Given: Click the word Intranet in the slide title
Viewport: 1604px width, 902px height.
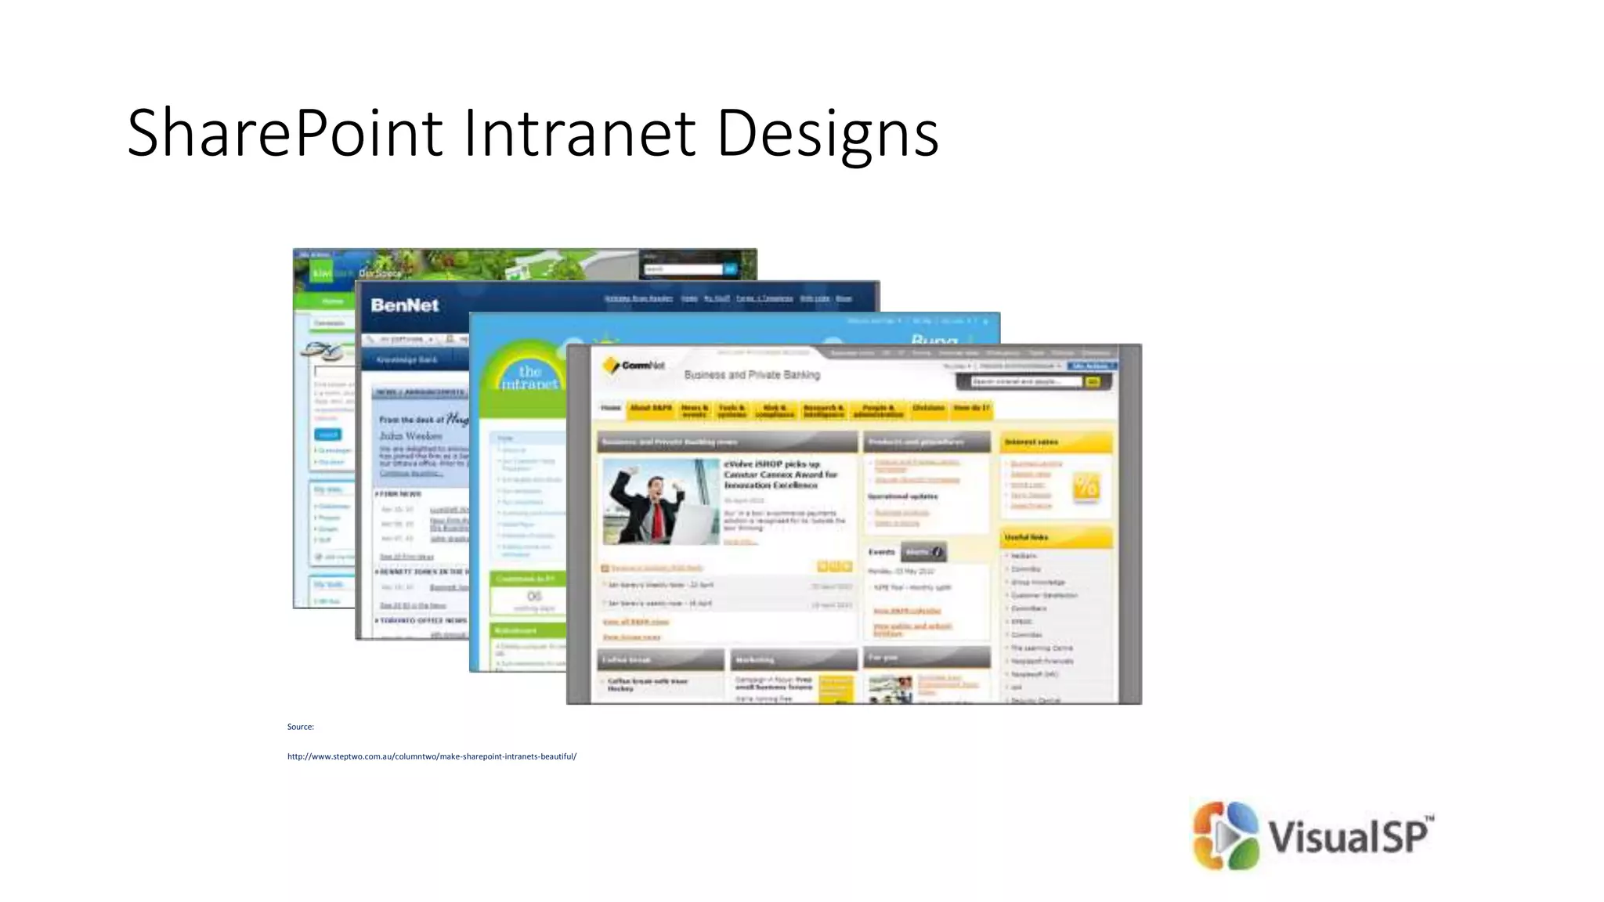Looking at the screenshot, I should [x=580, y=133].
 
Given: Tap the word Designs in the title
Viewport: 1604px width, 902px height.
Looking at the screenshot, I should [x=827, y=135].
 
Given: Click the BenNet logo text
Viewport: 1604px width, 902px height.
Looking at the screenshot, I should [x=404, y=305].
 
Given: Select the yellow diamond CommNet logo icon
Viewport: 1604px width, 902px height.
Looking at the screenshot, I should [x=610, y=366].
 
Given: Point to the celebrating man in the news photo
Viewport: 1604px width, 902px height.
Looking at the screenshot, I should [x=661, y=502].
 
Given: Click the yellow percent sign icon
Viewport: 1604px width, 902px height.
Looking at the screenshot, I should [x=1086, y=487].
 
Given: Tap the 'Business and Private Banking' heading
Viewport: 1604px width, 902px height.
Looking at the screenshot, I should [x=752, y=375].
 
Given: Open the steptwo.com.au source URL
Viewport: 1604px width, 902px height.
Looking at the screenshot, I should [x=432, y=756].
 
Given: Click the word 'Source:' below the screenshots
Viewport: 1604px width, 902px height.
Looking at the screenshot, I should [x=300, y=727].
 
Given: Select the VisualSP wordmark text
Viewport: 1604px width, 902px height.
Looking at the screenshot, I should [x=1349, y=836].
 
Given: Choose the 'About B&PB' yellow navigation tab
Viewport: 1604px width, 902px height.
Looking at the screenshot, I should [x=650, y=409].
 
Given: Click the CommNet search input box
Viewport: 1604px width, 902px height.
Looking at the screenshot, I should [x=1025, y=381].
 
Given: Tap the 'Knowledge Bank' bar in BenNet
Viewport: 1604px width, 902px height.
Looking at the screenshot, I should [x=406, y=360].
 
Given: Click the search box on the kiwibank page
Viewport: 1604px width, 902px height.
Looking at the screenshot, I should [x=682, y=269].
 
